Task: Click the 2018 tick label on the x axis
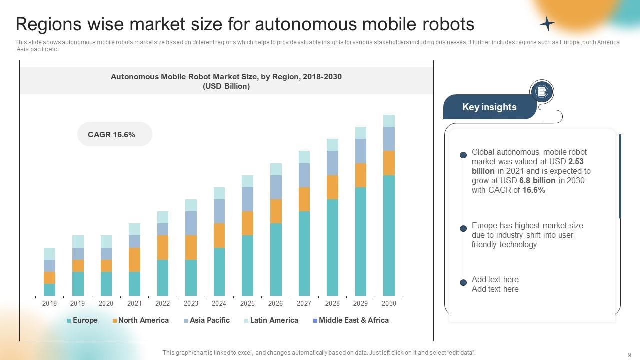pyautogui.click(x=49, y=303)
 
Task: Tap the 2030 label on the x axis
pyautogui.click(x=389, y=303)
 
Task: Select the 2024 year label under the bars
pyautogui.click(x=219, y=303)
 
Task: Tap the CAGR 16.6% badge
pyautogui.click(x=114, y=134)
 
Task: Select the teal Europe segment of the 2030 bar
pyautogui.click(x=389, y=235)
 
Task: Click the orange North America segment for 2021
pyautogui.click(x=134, y=260)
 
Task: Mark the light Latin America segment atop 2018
pyautogui.click(x=49, y=253)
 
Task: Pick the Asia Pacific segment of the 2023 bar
pyautogui.click(x=191, y=223)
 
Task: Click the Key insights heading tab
pyautogui.click(x=489, y=107)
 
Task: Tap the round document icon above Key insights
pyautogui.click(x=541, y=92)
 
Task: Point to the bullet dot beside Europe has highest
pyautogui.click(x=463, y=229)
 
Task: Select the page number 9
pyautogui.click(x=629, y=355)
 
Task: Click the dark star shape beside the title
pyautogui.click(x=547, y=23)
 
